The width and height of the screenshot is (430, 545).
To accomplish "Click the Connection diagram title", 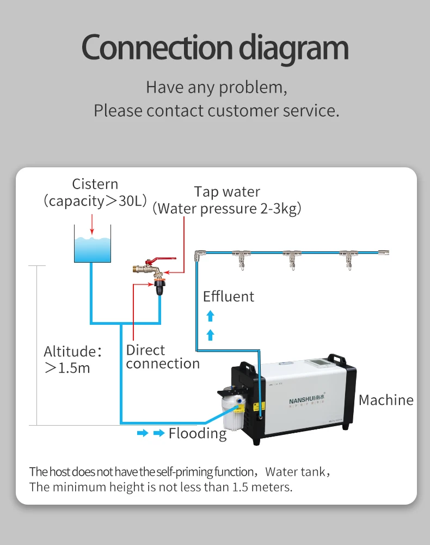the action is (x=214, y=48).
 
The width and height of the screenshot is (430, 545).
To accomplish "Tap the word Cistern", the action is (x=95, y=184).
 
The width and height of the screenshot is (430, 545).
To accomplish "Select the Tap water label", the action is (x=227, y=192).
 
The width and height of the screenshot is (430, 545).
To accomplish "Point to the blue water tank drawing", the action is (x=93, y=249).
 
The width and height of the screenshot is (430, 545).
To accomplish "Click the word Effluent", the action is (x=229, y=296).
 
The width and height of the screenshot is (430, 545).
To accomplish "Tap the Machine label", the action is (x=386, y=400).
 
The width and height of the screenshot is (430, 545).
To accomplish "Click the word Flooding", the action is (x=197, y=433).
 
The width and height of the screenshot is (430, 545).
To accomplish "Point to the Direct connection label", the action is (x=163, y=356).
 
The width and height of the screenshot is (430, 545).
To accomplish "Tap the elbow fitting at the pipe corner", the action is (x=200, y=254).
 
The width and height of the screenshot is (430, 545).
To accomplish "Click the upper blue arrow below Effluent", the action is (x=211, y=316).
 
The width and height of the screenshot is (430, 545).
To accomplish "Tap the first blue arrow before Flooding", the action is (x=142, y=433).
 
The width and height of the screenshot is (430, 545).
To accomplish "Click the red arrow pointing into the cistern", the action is (x=93, y=223).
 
